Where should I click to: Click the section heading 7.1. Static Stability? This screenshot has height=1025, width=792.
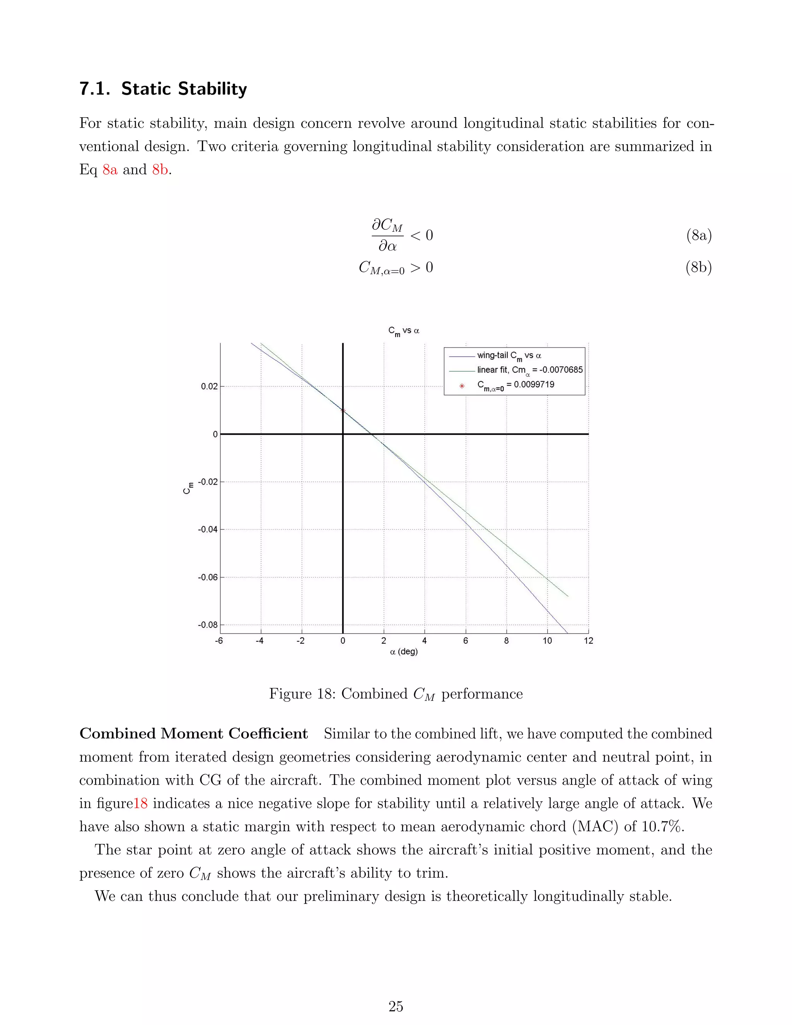click(163, 88)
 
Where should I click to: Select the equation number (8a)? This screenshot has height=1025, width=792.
click(699, 235)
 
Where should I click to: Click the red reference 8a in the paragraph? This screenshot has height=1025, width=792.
click(110, 169)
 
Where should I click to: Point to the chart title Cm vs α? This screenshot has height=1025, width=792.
click(403, 331)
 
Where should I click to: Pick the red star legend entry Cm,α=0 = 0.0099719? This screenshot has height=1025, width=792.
click(515, 385)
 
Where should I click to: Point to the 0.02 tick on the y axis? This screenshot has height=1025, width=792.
click(209, 386)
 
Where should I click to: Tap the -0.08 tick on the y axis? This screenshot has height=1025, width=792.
click(208, 625)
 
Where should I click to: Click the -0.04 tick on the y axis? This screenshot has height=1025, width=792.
click(208, 530)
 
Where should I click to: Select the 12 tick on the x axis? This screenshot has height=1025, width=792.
click(588, 641)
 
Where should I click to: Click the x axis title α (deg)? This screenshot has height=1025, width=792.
click(403, 651)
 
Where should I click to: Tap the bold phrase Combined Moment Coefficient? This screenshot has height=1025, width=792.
click(193, 733)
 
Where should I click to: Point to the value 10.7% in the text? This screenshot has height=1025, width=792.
click(662, 827)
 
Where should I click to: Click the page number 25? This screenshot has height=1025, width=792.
click(396, 1006)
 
